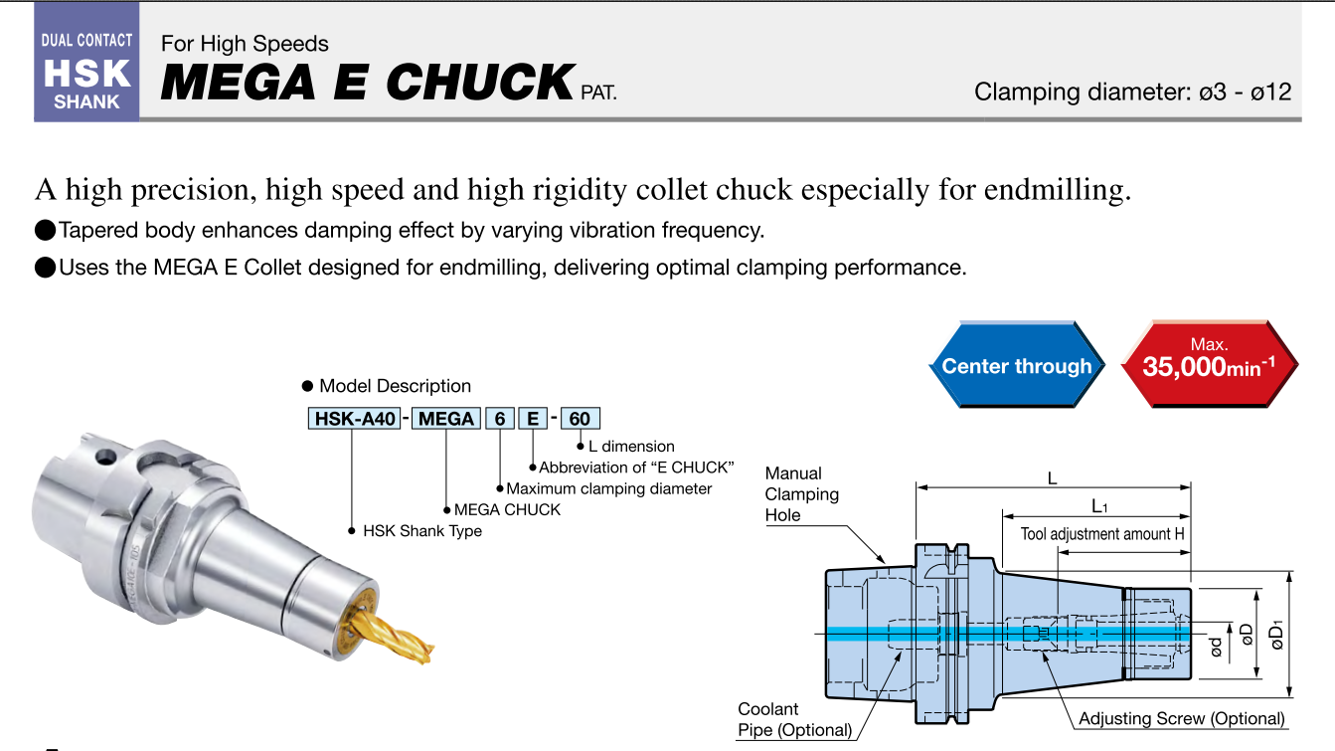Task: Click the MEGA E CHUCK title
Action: (368, 82)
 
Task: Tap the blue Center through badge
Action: (1016, 366)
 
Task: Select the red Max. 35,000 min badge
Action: (1209, 364)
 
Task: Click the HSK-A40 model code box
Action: (355, 419)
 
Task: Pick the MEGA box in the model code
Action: (445, 419)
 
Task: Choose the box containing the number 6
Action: (500, 419)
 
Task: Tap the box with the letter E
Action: (533, 419)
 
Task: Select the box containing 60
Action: (580, 419)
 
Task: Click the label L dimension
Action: (631, 447)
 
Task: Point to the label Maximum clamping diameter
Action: (609, 488)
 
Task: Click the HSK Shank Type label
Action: (421, 531)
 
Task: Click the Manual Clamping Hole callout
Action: (801, 494)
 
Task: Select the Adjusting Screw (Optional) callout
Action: (1181, 718)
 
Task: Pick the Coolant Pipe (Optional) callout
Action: (794, 720)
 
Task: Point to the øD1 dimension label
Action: (1277, 633)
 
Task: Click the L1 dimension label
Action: (1099, 506)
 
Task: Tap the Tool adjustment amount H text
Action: (1102, 534)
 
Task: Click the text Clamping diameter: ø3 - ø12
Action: (1132, 93)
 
